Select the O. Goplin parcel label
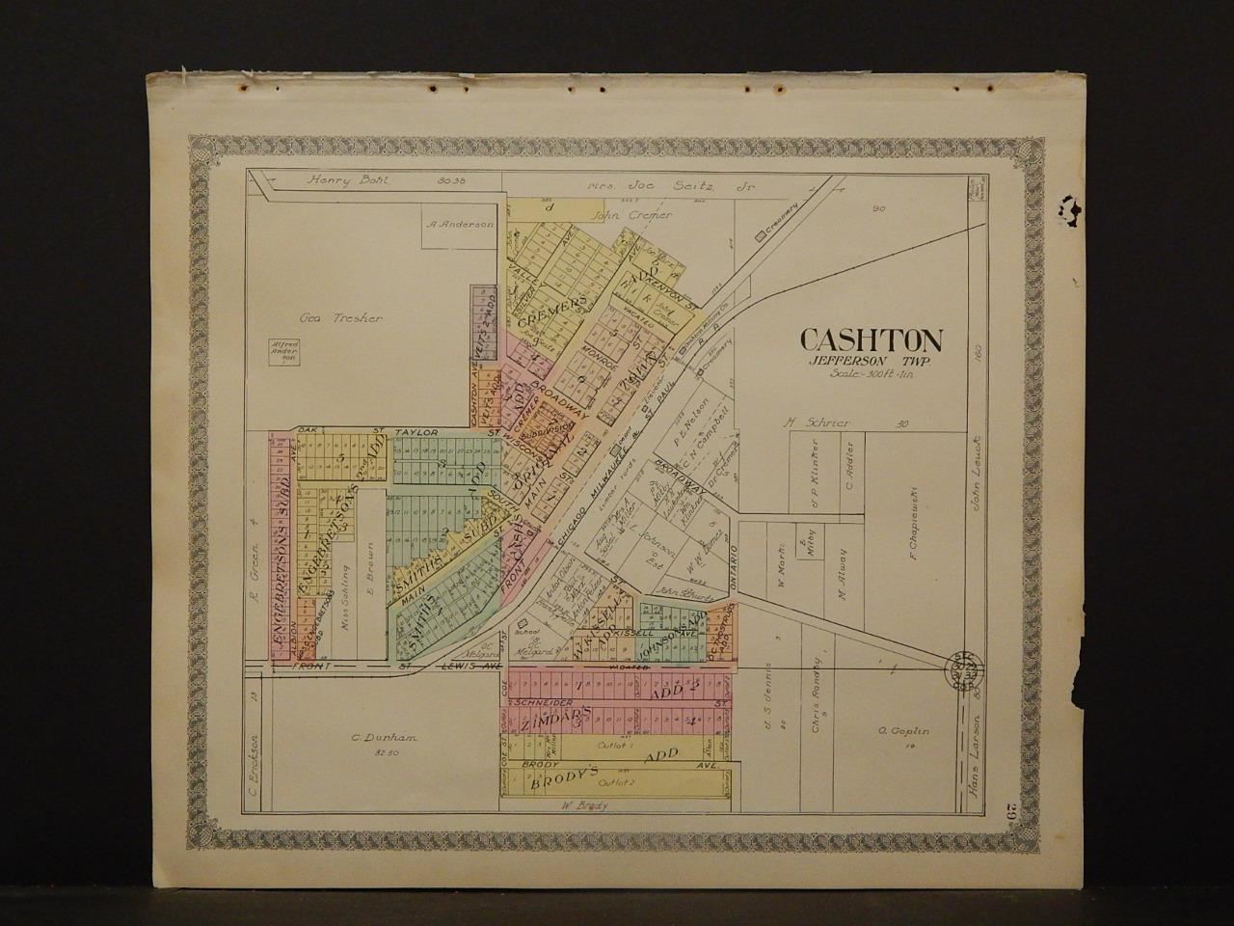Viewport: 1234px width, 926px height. tap(903, 731)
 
